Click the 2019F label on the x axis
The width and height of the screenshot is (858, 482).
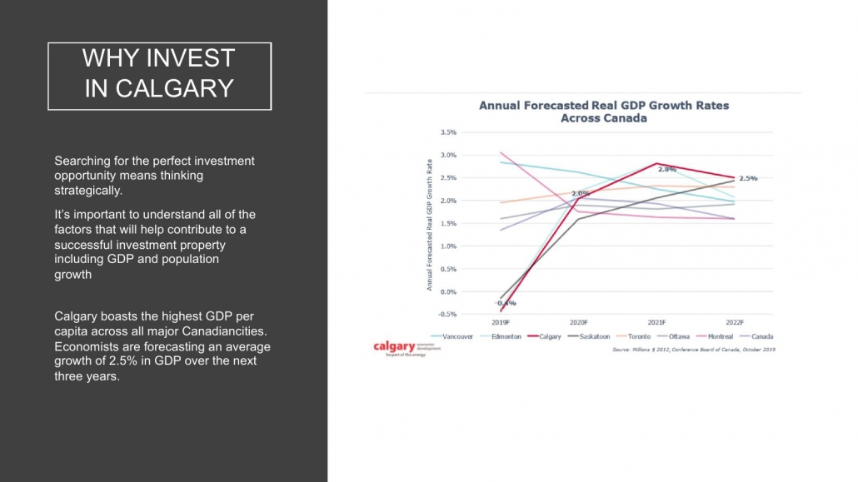coord(500,321)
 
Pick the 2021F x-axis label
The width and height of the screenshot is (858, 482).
coord(656,321)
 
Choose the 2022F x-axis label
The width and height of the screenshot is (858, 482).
coord(734,321)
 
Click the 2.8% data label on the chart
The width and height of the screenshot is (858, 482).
coord(666,170)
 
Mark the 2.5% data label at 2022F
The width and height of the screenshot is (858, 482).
coord(748,178)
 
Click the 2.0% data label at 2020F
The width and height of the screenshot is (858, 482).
coord(580,193)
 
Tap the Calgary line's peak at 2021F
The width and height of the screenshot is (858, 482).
coord(656,163)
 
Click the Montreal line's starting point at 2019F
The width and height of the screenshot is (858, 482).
coord(501,152)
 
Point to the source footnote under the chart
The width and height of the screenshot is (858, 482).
coord(694,350)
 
